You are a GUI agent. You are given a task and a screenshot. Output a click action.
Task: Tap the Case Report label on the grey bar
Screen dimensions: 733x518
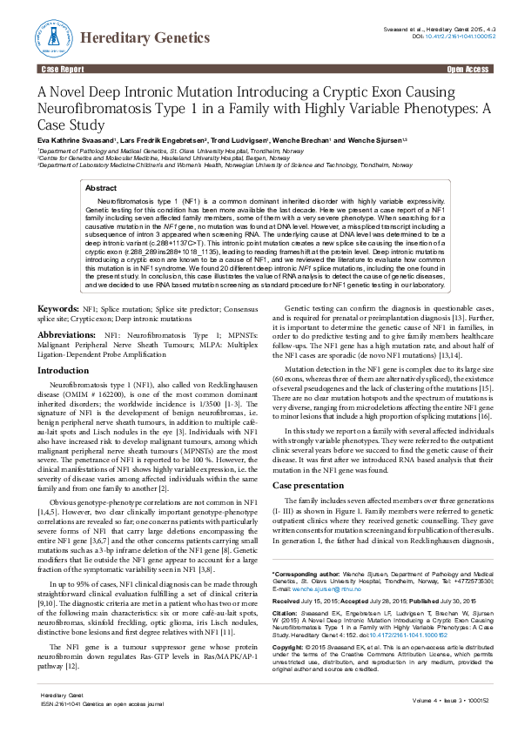coord(62,68)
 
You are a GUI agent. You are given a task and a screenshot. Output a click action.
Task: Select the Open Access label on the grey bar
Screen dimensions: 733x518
coord(468,68)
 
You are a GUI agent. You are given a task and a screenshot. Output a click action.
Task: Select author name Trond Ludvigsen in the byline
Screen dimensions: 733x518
coord(240,141)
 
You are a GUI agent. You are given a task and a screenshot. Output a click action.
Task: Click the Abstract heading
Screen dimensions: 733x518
coord(101,188)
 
